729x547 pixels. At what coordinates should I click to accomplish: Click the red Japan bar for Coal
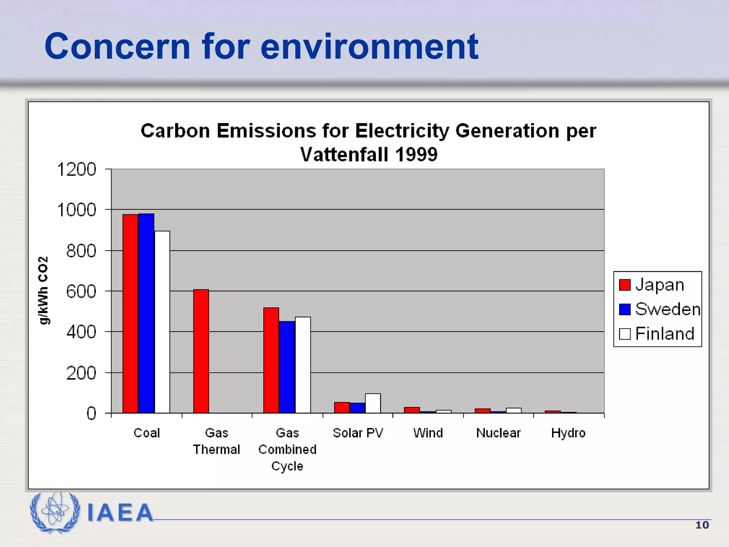(130, 313)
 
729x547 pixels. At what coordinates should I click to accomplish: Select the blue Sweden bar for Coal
(146, 313)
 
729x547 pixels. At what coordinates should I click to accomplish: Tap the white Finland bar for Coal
(162, 322)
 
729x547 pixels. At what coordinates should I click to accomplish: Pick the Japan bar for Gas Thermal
(201, 351)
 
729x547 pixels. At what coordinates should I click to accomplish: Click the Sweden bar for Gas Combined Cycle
(287, 367)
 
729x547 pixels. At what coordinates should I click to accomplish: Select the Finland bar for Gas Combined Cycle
(303, 365)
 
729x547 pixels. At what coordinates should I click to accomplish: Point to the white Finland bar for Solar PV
(373, 403)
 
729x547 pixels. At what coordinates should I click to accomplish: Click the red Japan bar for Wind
(412, 410)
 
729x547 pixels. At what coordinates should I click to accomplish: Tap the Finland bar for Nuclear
(514, 411)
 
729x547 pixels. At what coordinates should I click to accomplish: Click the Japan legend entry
(659, 285)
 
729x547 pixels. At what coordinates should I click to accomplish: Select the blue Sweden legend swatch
(625, 309)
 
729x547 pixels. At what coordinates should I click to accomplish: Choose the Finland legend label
(665, 334)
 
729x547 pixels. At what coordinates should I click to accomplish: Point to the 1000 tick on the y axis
(77, 210)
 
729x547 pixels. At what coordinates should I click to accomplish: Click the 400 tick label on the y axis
(81, 332)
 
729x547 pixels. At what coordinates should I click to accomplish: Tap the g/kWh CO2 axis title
(43, 290)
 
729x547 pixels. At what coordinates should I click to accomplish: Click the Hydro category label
(568, 433)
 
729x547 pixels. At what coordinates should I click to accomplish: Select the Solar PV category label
(358, 433)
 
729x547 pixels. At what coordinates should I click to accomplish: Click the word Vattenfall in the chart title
(344, 155)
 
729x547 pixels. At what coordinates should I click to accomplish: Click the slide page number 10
(702, 525)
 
